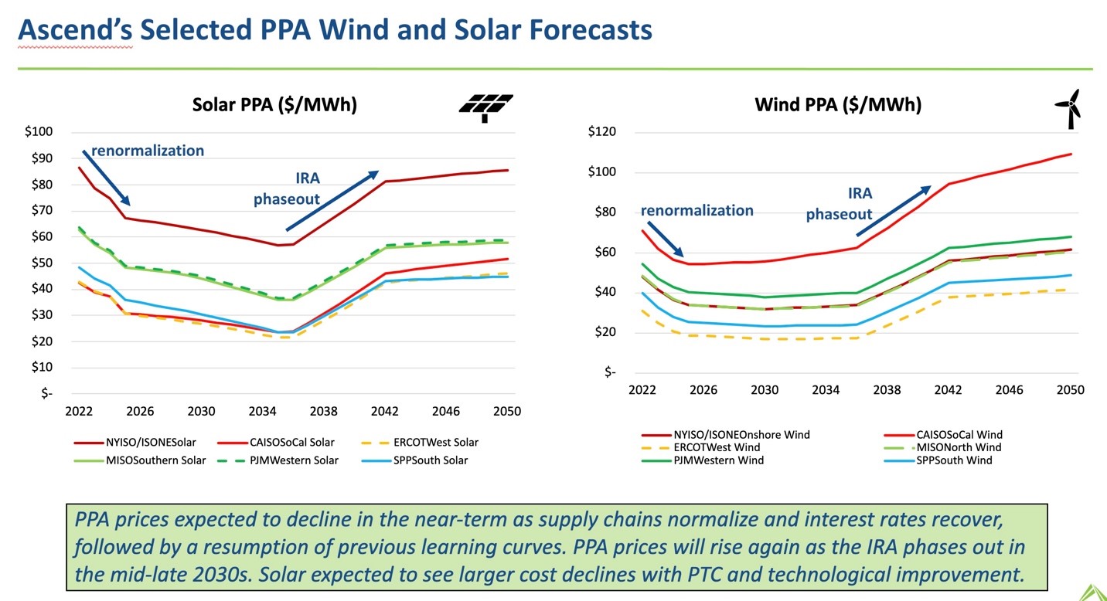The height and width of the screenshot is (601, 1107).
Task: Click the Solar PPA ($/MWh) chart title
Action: pos(274,105)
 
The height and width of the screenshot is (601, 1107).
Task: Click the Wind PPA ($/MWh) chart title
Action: pos(838,104)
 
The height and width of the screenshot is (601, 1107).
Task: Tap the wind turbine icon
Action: pos(1070,108)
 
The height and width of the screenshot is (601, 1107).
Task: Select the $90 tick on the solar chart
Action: pos(39,158)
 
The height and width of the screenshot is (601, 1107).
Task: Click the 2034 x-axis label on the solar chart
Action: pos(262,412)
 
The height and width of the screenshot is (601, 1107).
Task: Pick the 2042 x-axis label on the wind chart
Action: pos(948,391)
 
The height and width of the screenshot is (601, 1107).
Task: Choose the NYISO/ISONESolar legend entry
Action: pos(135,443)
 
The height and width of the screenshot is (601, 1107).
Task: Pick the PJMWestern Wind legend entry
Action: pos(719,460)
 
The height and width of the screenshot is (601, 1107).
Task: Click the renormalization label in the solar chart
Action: pos(148,151)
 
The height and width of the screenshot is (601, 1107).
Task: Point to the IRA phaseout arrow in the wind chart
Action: pos(893,211)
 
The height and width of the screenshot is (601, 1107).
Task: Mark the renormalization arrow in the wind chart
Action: pos(665,239)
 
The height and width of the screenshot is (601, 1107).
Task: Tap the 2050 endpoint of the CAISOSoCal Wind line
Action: pos(1071,154)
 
